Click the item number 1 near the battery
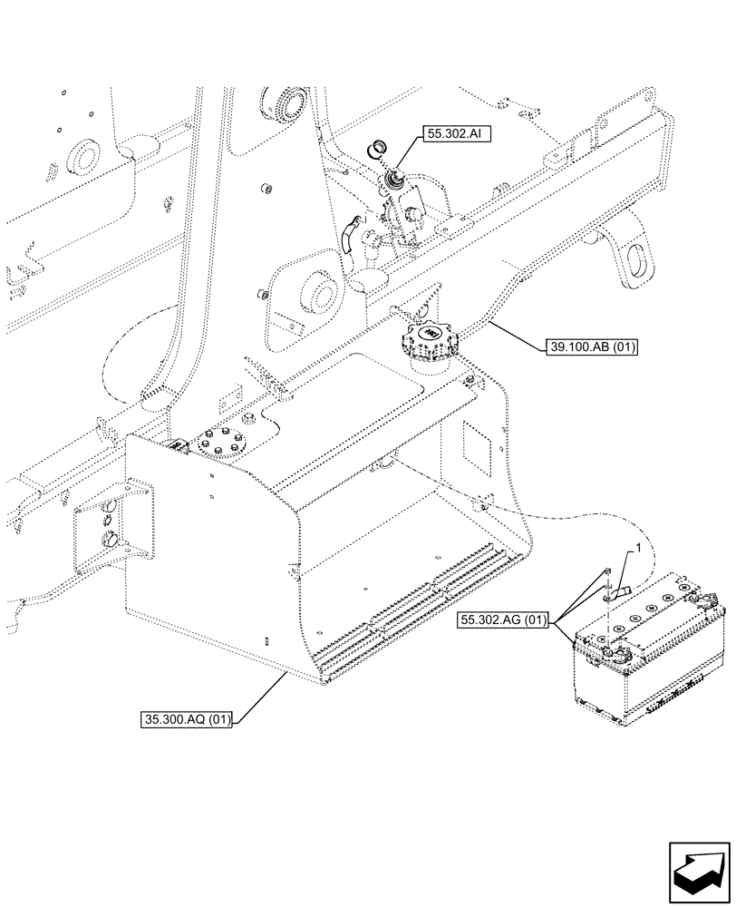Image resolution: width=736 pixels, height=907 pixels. coord(638,549)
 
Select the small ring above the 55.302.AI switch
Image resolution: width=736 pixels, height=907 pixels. coord(375,149)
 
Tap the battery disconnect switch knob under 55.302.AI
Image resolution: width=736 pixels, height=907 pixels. coord(395,181)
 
